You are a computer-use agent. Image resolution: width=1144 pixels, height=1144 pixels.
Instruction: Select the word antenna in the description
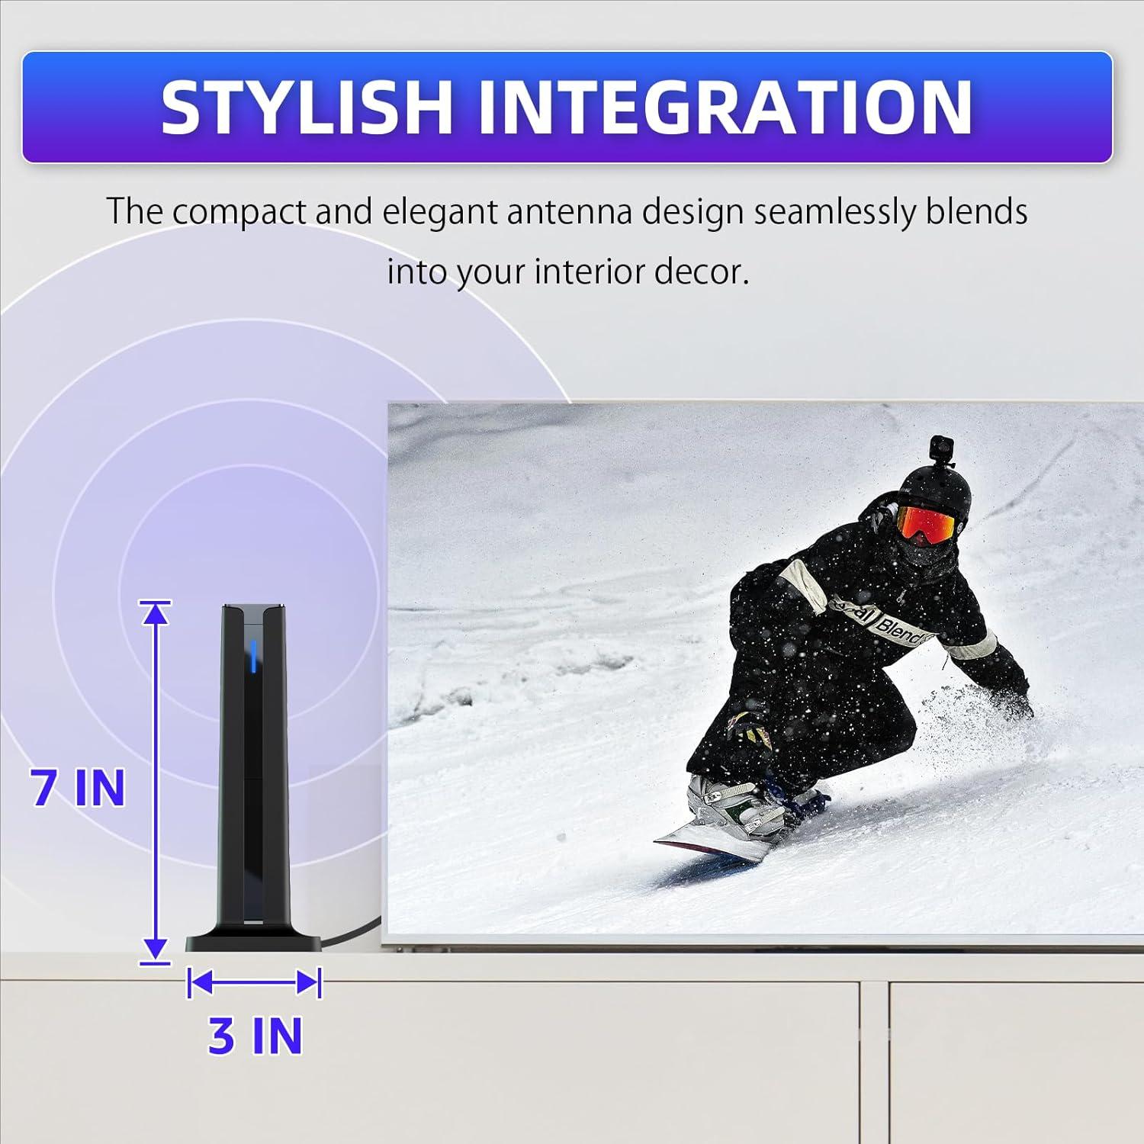point(569,211)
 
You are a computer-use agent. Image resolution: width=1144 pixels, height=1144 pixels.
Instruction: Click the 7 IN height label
point(78,788)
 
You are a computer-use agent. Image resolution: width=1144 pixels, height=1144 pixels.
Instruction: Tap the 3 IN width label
point(255,1036)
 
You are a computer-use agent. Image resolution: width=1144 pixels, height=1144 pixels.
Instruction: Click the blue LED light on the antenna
point(253,654)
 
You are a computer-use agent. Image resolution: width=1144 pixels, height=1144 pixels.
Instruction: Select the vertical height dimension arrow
point(156,782)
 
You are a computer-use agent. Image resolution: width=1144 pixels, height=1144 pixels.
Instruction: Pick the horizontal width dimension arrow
point(254,982)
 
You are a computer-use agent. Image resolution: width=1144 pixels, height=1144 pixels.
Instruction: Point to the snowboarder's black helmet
point(927,488)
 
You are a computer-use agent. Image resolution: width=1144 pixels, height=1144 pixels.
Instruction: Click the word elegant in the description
point(439,211)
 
